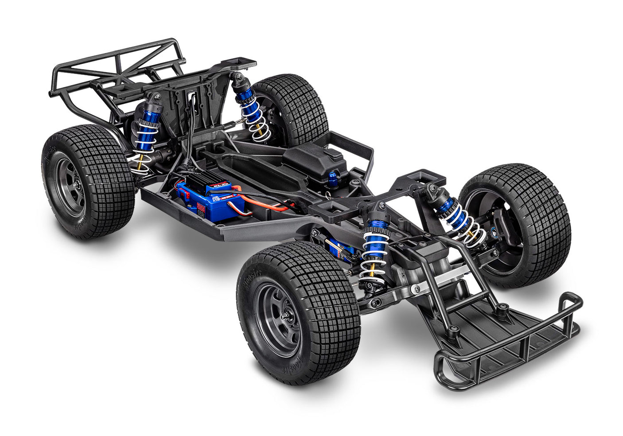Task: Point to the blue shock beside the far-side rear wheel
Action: pyautogui.click(x=250, y=109)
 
